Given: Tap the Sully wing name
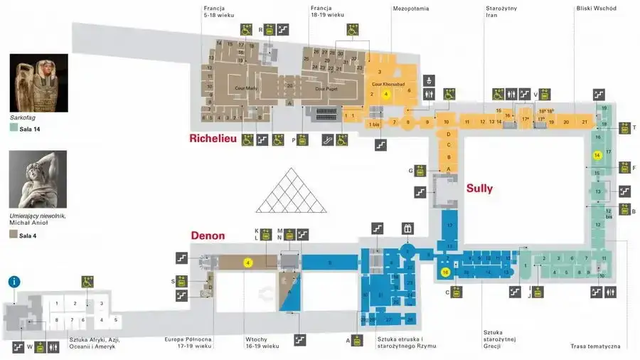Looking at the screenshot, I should pyautogui.click(x=479, y=189).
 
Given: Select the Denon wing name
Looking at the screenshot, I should pyautogui.click(x=207, y=235).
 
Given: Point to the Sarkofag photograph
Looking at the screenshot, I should pyautogui.click(x=38, y=83).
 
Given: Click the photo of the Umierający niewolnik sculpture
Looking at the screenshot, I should pyautogui.click(x=38, y=180).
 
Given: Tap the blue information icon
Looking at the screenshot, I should pyautogui.click(x=14, y=282).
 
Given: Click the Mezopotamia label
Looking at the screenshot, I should pyautogui.click(x=410, y=9).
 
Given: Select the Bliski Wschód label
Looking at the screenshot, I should pyautogui.click(x=596, y=9).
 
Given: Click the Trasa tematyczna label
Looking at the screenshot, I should pyautogui.click(x=595, y=346).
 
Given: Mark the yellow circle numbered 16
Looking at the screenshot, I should pyautogui.click(x=446, y=272).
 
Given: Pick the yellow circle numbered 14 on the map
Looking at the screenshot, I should pyautogui.click(x=597, y=154).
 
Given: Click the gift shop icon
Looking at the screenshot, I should pyautogui.click(x=407, y=228).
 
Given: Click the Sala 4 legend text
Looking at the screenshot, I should pyautogui.click(x=28, y=235).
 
